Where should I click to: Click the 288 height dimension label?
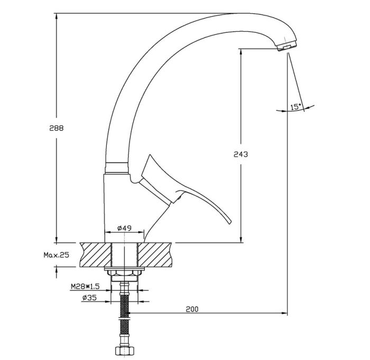pos(57,128)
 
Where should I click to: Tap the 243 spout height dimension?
pos(240,154)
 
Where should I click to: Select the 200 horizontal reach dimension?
pos(192,309)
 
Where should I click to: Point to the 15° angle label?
pos(296,107)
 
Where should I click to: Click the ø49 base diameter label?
pos(124,228)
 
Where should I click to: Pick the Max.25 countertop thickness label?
pos(57,255)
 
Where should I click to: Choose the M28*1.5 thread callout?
pos(85,287)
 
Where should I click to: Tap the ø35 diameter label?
pos(90,298)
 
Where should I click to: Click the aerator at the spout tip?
pos(286,47)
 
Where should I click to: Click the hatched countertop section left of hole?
pos(96,255)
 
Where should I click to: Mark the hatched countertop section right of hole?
pos(154,255)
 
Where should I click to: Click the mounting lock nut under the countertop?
pos(124,273)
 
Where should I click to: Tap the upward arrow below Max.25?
pos(57,272)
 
